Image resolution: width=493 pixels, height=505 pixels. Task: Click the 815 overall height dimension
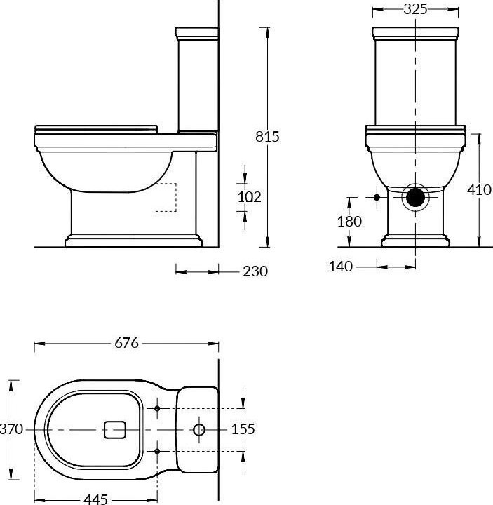266,137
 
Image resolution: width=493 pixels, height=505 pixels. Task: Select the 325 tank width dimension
417,9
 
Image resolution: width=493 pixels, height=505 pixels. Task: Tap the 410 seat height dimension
480,190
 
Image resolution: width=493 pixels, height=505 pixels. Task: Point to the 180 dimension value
349,222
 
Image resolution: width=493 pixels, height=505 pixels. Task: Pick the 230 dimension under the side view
255,271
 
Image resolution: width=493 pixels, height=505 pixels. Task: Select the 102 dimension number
249,198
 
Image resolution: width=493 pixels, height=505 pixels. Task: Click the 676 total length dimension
126,344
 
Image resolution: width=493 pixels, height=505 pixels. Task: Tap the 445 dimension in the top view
95,499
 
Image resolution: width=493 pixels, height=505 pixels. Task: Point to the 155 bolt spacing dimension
243,429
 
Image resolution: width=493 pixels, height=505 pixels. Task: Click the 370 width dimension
12,429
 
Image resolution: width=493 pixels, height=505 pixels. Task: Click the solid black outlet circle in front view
417,197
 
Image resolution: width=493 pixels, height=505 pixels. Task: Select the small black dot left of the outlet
377,198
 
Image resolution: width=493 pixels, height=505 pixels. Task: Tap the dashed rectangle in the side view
164,197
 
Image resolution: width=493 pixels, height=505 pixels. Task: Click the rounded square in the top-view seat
115,429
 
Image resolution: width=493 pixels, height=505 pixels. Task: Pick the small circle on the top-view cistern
199,429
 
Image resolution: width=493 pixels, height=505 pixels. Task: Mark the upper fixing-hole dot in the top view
157,408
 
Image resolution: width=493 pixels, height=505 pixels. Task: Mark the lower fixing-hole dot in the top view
157,450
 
